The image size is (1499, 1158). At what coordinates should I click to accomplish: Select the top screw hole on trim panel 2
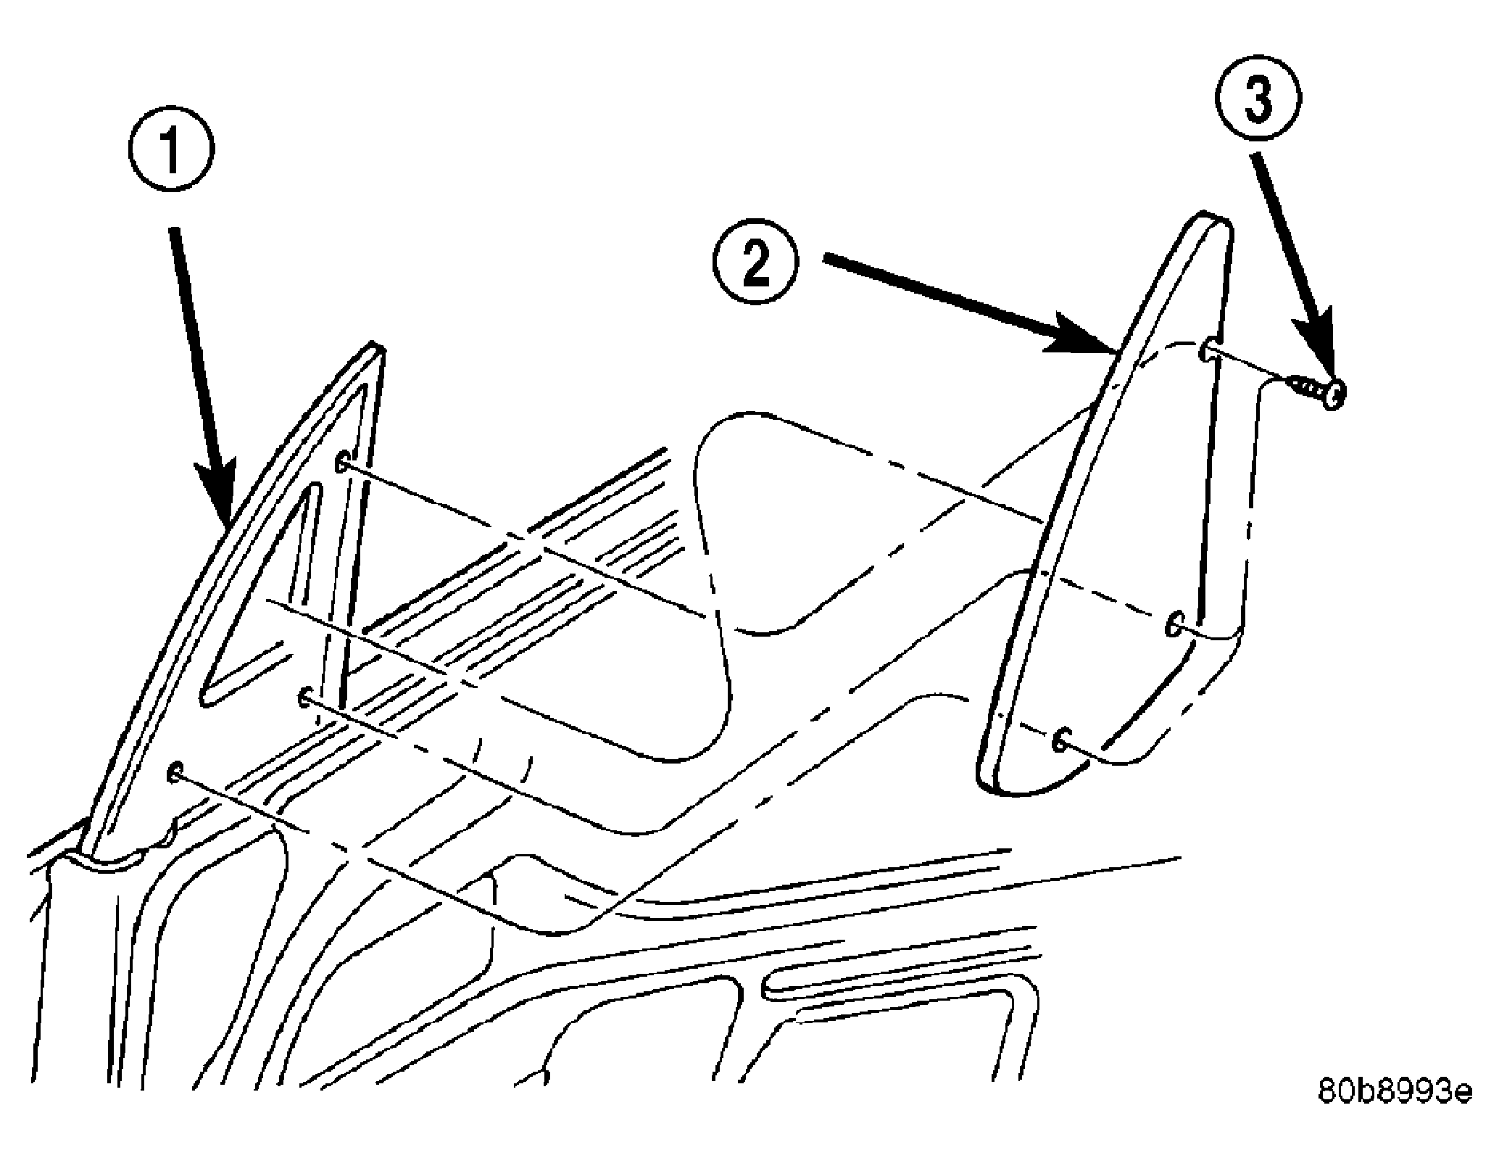[x=1205, y=352]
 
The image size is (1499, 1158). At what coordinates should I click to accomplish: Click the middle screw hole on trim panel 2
[x=1174, y=623]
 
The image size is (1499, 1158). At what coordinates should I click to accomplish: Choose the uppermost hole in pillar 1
[x=342, y=462]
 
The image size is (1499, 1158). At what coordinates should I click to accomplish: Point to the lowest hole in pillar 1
[x=174, y=772]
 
